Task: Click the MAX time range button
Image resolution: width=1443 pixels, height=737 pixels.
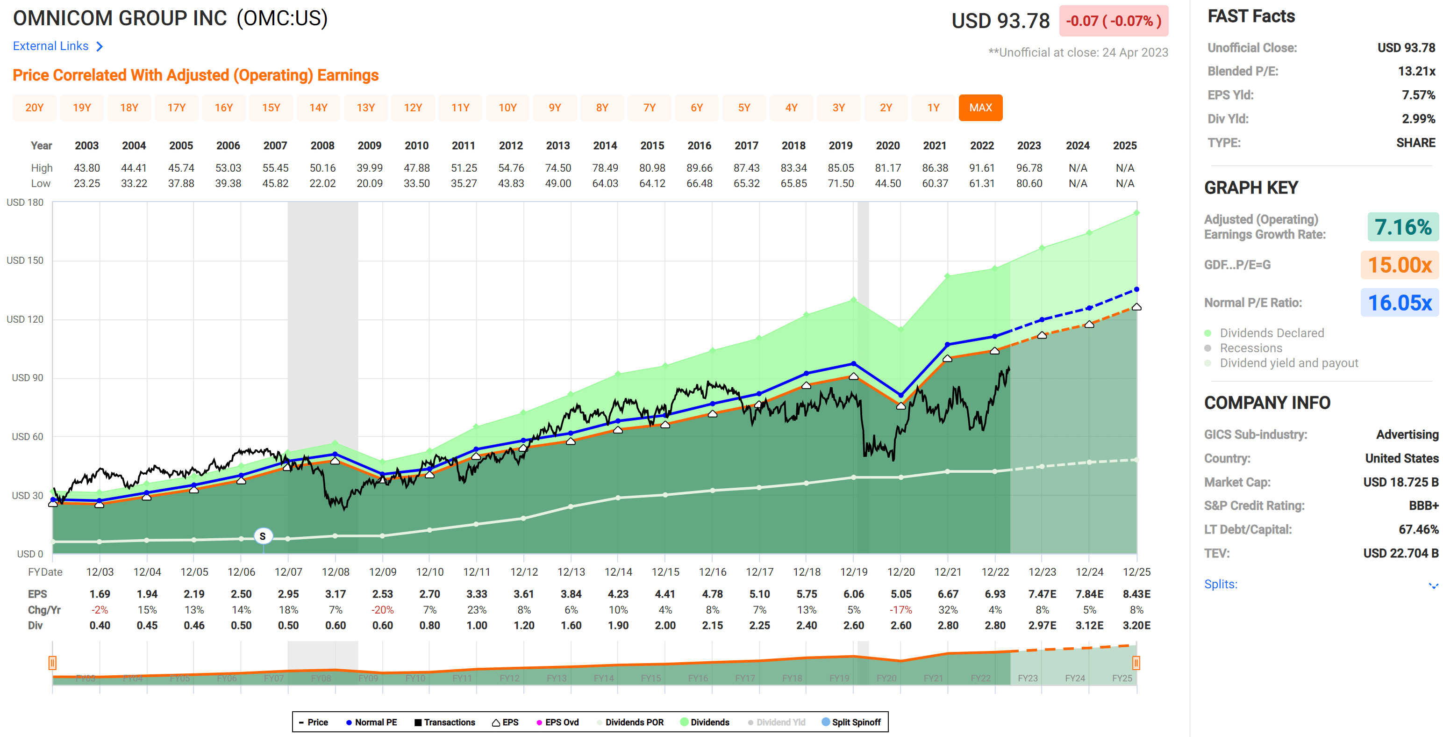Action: point(980,108)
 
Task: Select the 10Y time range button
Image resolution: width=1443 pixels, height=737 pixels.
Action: point(507,108)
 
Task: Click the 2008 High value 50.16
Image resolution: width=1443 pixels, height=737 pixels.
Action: point(322,168)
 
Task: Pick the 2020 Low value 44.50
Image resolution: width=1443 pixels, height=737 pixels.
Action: point(887,183)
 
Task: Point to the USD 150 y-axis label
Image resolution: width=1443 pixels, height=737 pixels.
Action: point(25,260)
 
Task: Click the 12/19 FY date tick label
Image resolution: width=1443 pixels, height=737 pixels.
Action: point(853,571)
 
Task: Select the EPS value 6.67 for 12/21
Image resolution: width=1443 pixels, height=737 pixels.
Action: point(947,594)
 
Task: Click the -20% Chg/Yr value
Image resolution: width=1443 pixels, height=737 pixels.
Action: point(382,610)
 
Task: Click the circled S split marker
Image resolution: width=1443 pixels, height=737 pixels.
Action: point(263,536)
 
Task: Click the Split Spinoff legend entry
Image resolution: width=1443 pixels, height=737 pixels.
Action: point(851,722)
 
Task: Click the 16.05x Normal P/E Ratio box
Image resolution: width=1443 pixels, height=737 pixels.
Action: point(1399,303)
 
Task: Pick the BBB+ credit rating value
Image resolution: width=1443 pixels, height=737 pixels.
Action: point(1423,506)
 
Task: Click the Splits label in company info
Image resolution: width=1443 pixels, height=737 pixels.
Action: point(1220,584)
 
